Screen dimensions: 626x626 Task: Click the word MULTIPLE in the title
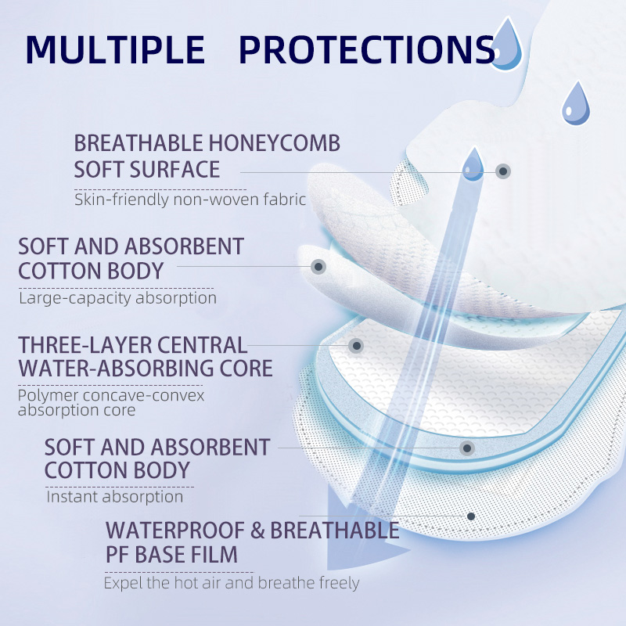[115, 49]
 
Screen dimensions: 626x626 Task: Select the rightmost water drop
[577, 104]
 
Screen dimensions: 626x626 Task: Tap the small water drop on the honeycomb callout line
[472, 164]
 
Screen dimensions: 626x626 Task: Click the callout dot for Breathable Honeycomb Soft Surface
[503, 171]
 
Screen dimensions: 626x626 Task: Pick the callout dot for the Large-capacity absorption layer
[318, 267]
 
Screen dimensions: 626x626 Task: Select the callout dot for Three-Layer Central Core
[356, 345]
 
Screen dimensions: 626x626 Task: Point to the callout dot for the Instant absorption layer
[467, 448]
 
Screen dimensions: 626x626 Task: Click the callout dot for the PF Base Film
[471, 516]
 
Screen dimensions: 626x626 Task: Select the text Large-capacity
[68, 298]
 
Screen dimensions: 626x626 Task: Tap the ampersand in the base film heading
[259, 531]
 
